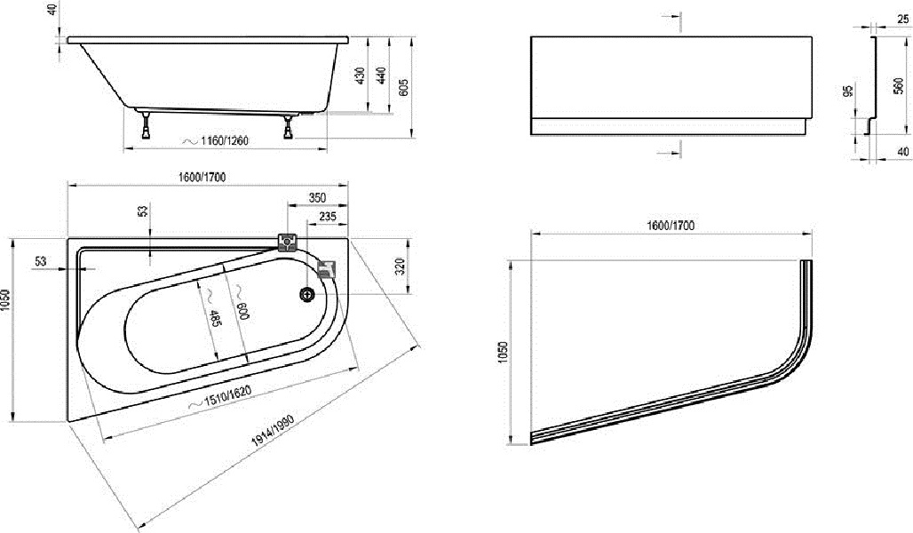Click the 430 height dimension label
[x=360, y=76]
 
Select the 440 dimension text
[x=381, y=76]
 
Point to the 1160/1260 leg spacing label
[x=216, y=141]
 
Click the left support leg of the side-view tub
[x=146, y=124]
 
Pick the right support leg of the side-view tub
[x=289, y=126]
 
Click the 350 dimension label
[x=317, y=198]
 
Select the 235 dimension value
[x=328, y=217]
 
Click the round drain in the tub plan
[x=307, y=294]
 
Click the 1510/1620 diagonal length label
[x=220, y=397]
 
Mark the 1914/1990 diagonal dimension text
[x=274, y=430]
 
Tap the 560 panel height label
[x=899, y=85]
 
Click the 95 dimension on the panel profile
[x=848, y=91]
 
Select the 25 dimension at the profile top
[x=902, y=20]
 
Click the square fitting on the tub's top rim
[x=288, y=241]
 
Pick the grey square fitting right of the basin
[x=326, y=268]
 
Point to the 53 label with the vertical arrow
[x=143, y=211]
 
